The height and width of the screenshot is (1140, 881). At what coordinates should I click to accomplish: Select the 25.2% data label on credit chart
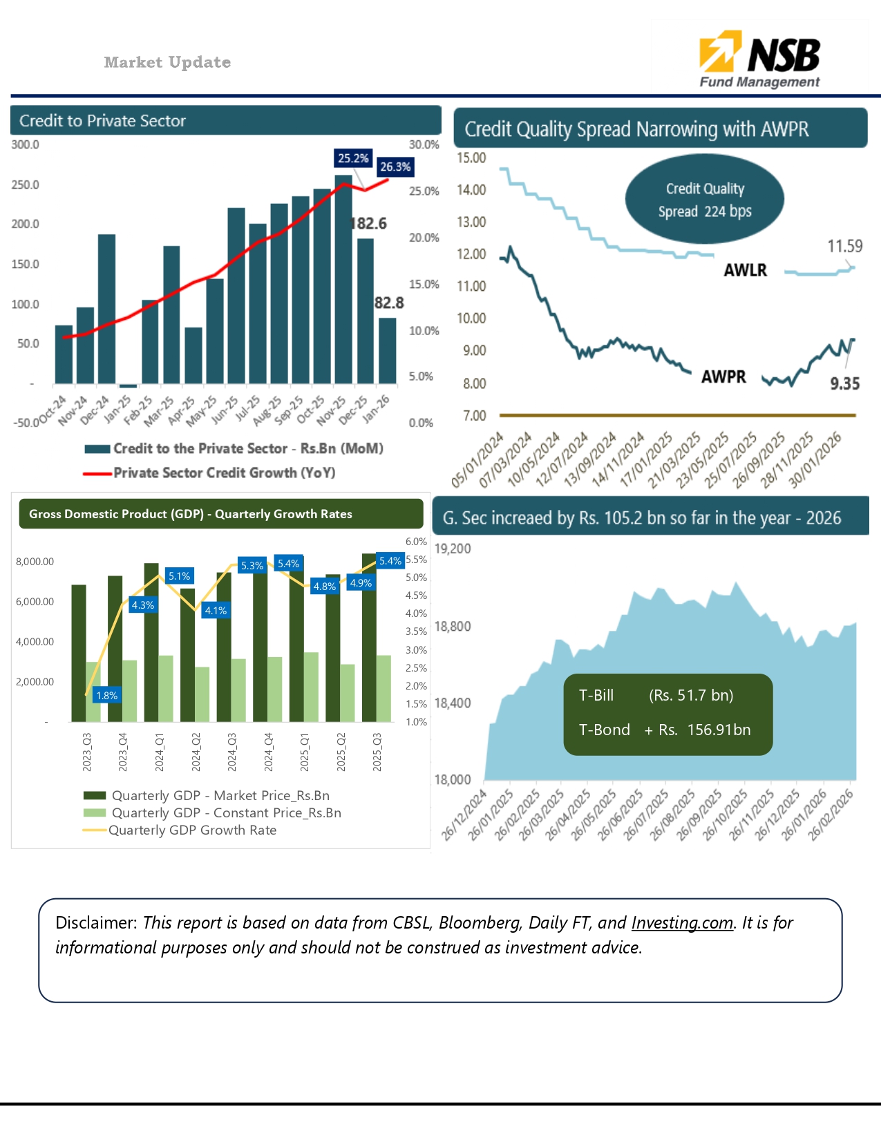[353, 158]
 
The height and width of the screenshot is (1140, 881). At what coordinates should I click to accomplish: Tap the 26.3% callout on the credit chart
[395, 167]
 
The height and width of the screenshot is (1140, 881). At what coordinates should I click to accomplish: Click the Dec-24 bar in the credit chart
[106, 308]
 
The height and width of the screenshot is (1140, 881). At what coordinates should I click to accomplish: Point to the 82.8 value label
[389, 303]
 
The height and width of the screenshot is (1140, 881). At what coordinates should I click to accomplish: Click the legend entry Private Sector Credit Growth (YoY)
[224, 473]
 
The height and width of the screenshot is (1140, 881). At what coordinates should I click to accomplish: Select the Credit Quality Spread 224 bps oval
[704, 200]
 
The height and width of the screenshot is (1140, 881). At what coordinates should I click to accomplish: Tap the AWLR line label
[745, 270]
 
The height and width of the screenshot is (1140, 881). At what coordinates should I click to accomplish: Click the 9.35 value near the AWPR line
[844, 384]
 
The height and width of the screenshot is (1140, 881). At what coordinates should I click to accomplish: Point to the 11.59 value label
[844, 246]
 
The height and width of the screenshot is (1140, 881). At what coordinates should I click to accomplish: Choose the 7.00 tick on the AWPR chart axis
[474, 415]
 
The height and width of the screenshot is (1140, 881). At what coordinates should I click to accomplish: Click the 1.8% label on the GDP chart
[107, 696]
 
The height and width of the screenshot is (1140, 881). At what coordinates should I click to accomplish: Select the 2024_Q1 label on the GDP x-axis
[160, 752]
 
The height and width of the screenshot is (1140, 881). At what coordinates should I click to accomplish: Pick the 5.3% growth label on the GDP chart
[252, 566]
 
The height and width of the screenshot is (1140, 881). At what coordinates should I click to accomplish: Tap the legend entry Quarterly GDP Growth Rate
[192, 830]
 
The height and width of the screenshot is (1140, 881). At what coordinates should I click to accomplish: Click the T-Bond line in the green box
[664, 730]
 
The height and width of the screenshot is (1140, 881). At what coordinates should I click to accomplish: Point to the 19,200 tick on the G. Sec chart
[453, 549]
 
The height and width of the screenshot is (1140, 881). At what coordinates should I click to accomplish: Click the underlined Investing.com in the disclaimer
[682, 923]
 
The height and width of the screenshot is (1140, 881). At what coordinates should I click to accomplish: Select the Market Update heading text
[167, 62]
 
